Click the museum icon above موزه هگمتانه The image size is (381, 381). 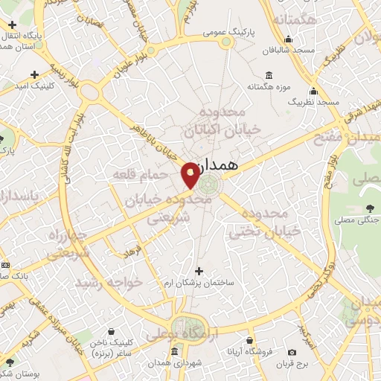268,75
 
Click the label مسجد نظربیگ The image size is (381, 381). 314,101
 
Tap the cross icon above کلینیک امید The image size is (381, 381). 35,74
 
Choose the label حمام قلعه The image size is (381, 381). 133,174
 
